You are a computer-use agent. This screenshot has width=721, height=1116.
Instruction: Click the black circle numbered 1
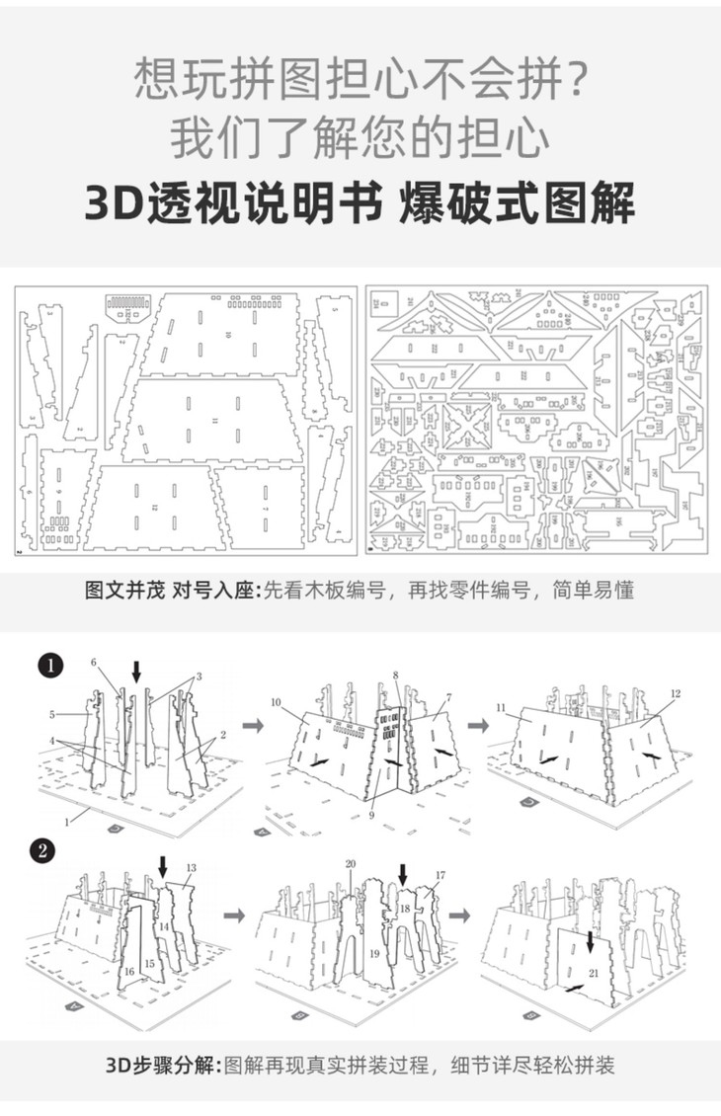point(50,667)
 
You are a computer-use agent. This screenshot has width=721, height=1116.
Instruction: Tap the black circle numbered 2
point(43,850)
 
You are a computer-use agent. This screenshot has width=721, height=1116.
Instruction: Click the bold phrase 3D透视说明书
point(234,205)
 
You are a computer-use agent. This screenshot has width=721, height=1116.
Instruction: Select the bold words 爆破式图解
point(517,205)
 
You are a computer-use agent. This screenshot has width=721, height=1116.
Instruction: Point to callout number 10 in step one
point(278,702)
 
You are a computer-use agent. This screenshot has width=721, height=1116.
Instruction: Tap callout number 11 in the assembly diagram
point(501,707)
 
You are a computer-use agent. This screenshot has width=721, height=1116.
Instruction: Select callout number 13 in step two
point(191,867)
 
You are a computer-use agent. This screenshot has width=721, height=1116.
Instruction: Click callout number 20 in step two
point(350,864)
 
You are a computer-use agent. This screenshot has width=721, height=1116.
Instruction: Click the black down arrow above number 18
point(402,874)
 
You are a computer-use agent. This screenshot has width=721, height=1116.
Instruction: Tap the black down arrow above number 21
point(591,943)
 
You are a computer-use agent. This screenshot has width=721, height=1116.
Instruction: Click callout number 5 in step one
point(55,714)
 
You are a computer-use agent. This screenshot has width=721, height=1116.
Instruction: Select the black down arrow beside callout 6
point(136,670)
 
